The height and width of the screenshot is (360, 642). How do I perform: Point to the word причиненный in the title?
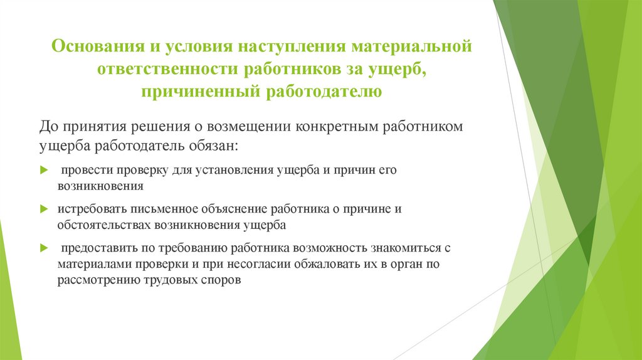point(201,92)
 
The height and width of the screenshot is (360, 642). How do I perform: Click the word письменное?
point(145,209)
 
